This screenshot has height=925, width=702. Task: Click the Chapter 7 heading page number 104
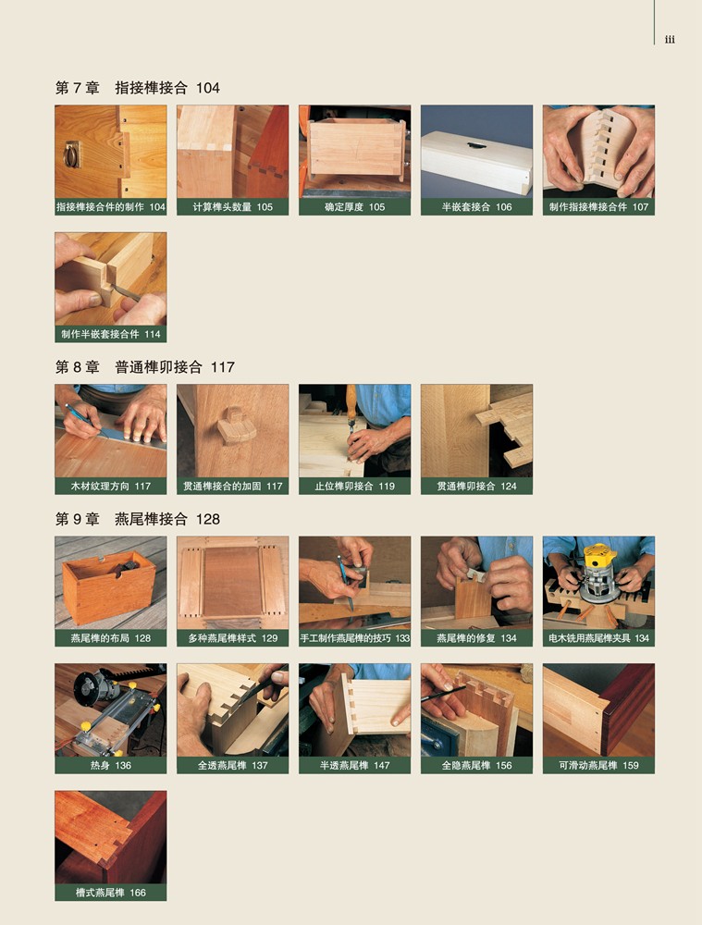pyautogui.click(x=208, y=88)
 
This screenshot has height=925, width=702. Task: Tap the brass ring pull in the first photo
pyautogui.click(x=72, y=154)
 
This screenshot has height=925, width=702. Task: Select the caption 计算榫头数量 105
pyautogui.click(x=232, y=207)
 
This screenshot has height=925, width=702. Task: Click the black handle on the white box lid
pyautogui.click(x=476, y=144)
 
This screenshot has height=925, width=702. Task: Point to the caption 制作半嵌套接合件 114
pyautogui.click(x=111, y=334)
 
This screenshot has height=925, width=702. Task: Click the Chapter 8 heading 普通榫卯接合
pyautogui.click(x=158, y=367)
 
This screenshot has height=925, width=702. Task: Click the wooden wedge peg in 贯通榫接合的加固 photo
pyautogui.click(x=237, y=425)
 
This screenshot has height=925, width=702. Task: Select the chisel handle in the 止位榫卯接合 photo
pyautogui.click(x=351, y=401)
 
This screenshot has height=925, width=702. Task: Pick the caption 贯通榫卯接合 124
pyautogui.click(x=476, y=487)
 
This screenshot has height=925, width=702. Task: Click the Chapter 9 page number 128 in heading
pyautogui.click(x=208, y=519)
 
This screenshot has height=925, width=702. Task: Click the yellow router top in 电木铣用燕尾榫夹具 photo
pyautogui.click(x=599, y=557)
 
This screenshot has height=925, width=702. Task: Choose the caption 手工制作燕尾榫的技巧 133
pyautogui.click(x=354, y=637)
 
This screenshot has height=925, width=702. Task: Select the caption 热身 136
pyautogui.click(x=110, y=765)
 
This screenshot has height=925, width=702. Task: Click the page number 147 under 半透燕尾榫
pyautogui.click(x=382, y=765)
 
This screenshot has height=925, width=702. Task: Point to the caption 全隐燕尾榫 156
pyautogui.click(x=476, y=765)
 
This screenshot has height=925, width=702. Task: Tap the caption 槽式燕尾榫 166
pyautogui.click(x=110, y=893)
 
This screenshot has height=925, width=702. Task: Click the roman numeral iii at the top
pyautogui.click(x=670, y=40)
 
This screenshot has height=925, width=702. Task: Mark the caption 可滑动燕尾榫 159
pyautogui.click(x=598, y=765)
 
